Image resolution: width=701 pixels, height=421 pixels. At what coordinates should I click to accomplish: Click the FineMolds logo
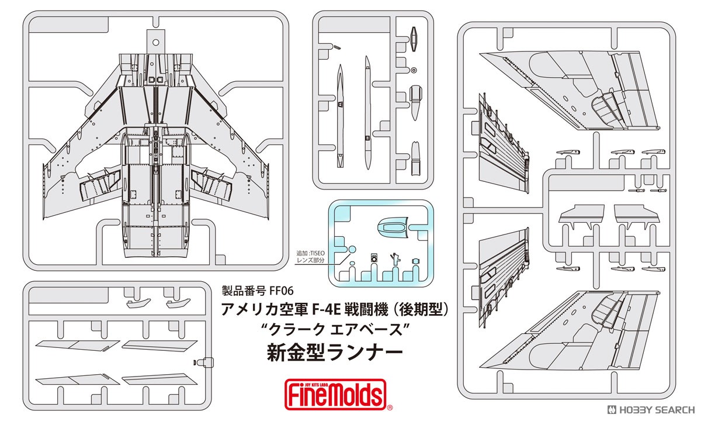coord(335,394)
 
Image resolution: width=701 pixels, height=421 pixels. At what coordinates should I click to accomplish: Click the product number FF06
coord(280,291)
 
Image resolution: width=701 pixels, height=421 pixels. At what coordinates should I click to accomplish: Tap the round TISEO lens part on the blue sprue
coord(352,249)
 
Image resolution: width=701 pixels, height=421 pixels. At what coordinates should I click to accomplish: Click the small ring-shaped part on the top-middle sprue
coord(414,70)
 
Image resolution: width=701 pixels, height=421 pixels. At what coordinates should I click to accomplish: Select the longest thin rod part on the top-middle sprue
coord(367,113)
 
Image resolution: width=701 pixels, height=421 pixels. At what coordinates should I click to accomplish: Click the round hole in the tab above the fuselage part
coord(156,42)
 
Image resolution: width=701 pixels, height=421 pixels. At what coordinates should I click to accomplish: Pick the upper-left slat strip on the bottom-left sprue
coord(77,346)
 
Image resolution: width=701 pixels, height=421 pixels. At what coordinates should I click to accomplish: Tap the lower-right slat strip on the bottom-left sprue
coord(159,379)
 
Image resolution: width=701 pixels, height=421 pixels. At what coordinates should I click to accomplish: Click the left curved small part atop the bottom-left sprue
coord(138,303)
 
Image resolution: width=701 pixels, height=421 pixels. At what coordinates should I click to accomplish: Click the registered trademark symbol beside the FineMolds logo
coord(390,408)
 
